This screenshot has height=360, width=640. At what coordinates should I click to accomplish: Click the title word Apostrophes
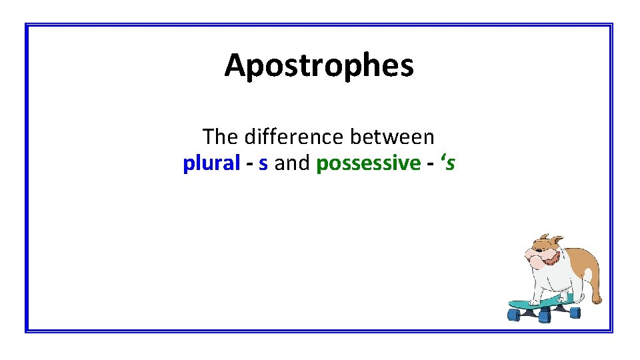click(319, 65)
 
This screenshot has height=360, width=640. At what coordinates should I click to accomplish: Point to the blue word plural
click(211, 163)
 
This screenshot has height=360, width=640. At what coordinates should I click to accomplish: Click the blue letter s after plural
click(263, 163)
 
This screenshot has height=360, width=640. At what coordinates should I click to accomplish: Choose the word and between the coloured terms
click(292, 163)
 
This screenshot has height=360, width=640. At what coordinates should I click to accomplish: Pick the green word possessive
click(369, 163)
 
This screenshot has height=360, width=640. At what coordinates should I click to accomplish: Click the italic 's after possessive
click(447, 163)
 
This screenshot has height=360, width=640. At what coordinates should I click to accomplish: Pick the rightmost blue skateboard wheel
click(575, 312)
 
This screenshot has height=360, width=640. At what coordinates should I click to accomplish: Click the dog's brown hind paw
click(596, 300)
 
